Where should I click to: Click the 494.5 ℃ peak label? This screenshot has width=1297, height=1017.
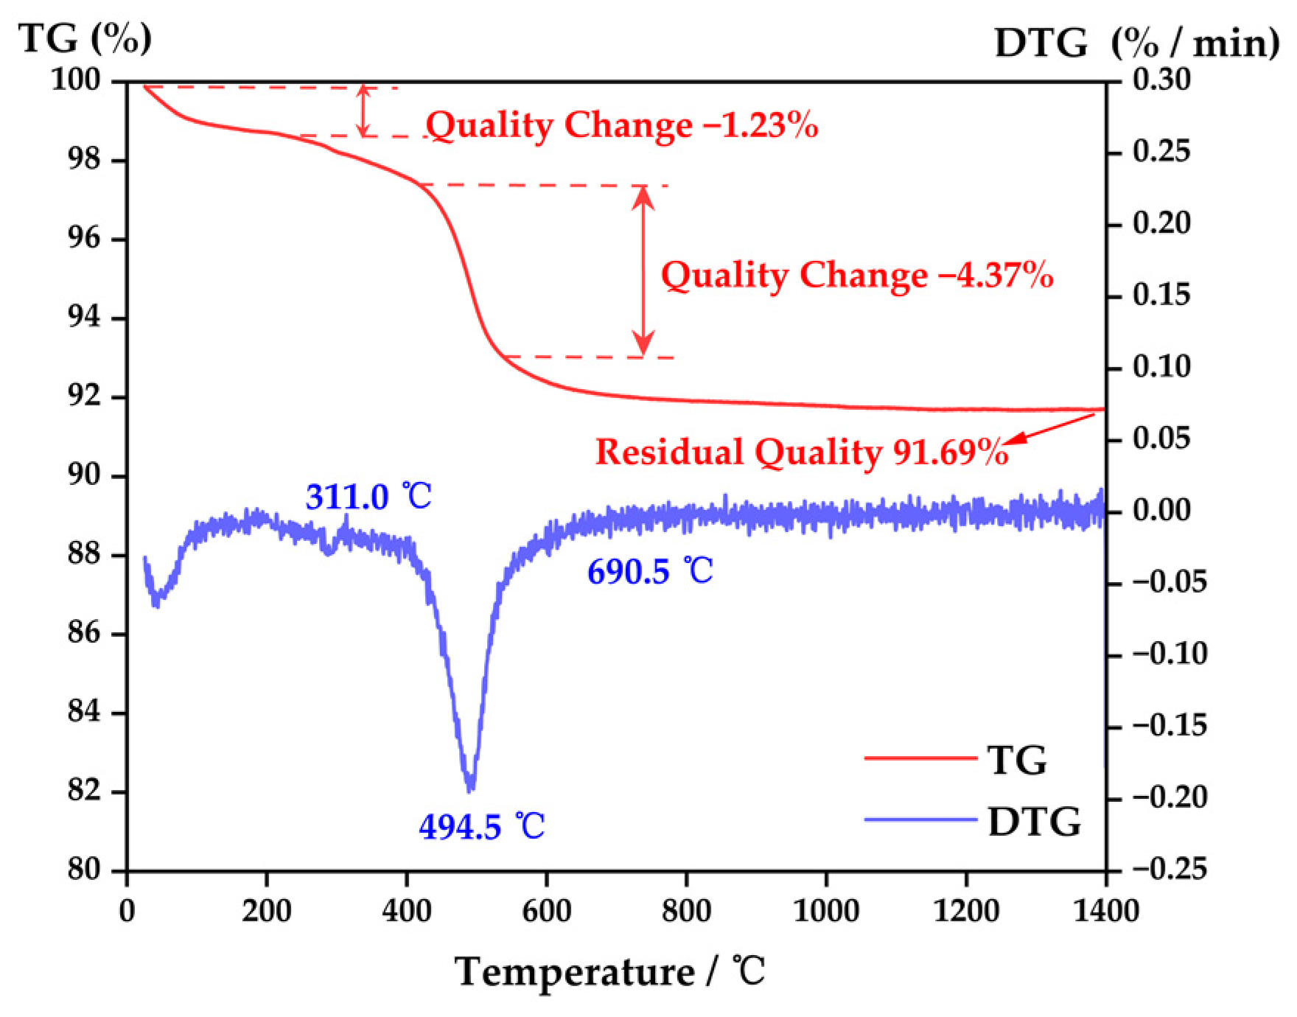(482, 826)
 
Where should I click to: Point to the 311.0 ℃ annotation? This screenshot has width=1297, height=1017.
(368, 496)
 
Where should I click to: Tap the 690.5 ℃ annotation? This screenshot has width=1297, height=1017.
(650, 571)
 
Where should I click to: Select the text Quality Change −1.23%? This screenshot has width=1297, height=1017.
(622, 125)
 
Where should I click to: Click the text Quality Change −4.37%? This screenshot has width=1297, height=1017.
(856, 275)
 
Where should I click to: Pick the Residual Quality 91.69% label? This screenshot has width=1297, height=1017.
(801, 452)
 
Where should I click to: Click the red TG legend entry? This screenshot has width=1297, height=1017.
(955, 759)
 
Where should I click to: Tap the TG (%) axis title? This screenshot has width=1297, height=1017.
(85, 38)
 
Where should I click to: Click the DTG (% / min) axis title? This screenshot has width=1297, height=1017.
(1136, 43)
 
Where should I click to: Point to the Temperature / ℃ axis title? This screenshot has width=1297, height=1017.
(609, 971)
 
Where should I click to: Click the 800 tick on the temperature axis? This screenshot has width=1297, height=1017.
(686, 911)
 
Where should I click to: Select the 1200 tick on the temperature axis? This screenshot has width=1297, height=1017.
(965, 911)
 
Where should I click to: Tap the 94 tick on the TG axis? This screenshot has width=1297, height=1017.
(83, 318)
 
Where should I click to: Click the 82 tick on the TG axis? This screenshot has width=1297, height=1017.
(83, 791)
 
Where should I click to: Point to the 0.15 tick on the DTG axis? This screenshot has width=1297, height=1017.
(1161, 295)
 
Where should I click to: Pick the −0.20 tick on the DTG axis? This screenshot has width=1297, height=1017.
(1169, 797)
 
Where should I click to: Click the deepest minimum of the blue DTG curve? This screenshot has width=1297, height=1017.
(470, 789)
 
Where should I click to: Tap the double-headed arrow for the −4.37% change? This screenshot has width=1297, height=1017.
(643, 270)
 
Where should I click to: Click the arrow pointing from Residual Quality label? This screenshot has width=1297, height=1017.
(1050, 428)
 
